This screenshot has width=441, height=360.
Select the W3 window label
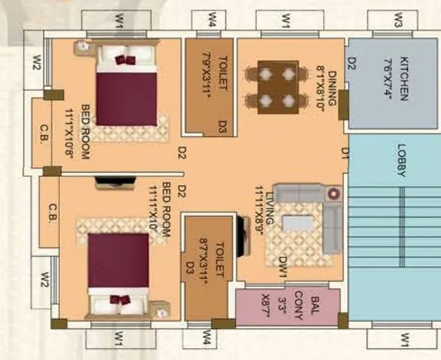[x=398, y=21]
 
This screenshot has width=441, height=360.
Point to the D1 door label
[x=345, y=153]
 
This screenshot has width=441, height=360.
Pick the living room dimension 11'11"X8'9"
[x=259, y=210]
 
